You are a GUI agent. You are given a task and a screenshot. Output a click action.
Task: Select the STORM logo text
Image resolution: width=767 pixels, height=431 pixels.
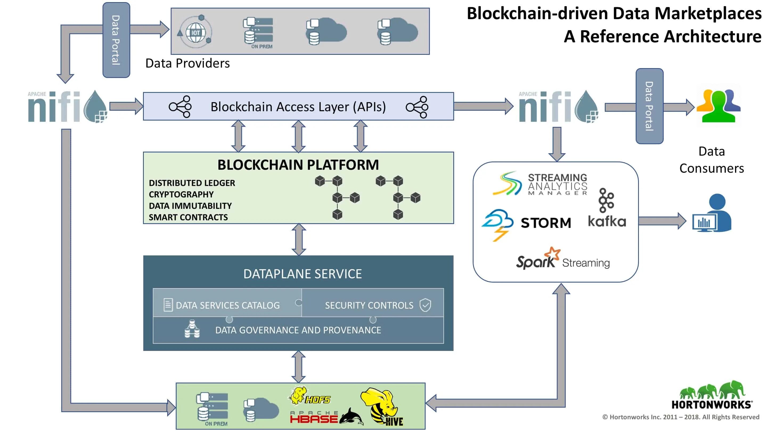point(546,223)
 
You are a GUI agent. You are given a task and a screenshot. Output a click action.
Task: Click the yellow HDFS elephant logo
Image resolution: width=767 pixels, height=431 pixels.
point(310,396)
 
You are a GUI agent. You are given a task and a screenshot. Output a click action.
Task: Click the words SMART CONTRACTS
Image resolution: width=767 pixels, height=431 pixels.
point(188,217)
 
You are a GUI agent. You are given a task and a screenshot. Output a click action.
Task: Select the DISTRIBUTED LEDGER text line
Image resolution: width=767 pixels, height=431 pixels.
point(192,183)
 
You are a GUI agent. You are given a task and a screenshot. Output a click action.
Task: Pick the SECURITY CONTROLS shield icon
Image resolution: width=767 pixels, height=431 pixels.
point(425,305)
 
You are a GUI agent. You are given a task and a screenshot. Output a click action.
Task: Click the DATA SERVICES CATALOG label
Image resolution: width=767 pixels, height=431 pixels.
point(228,305)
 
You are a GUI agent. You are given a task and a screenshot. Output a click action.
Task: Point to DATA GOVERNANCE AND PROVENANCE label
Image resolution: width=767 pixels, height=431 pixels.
point(298,330)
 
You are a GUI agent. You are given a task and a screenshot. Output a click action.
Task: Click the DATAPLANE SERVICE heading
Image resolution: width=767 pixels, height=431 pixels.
point(303,274)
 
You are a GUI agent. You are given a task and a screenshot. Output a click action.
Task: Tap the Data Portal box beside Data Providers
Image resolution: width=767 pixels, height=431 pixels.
point(116,40)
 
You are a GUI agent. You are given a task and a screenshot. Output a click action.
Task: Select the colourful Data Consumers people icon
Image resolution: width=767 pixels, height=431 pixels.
point(719,106)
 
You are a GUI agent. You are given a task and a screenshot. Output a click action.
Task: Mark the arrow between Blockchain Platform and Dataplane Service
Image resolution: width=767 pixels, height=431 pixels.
point(299,239)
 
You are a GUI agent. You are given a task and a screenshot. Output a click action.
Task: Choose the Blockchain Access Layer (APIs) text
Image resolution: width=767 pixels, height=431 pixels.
point(298,107)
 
